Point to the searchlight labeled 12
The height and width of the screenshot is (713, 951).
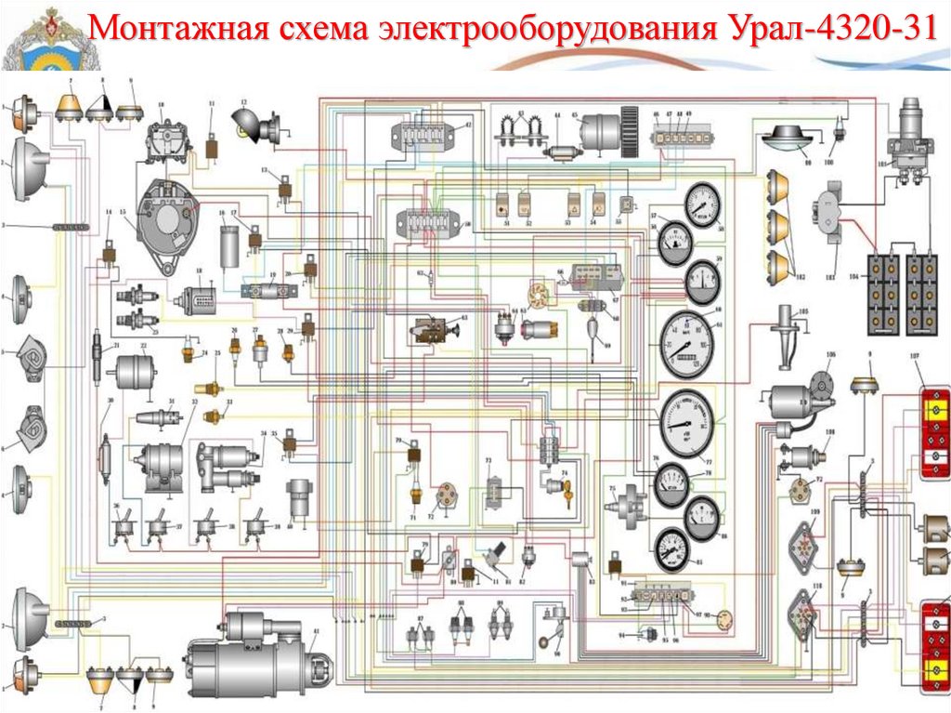click(x=256, y=123)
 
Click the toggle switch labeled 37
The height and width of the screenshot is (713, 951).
click(x=162, y=526)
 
